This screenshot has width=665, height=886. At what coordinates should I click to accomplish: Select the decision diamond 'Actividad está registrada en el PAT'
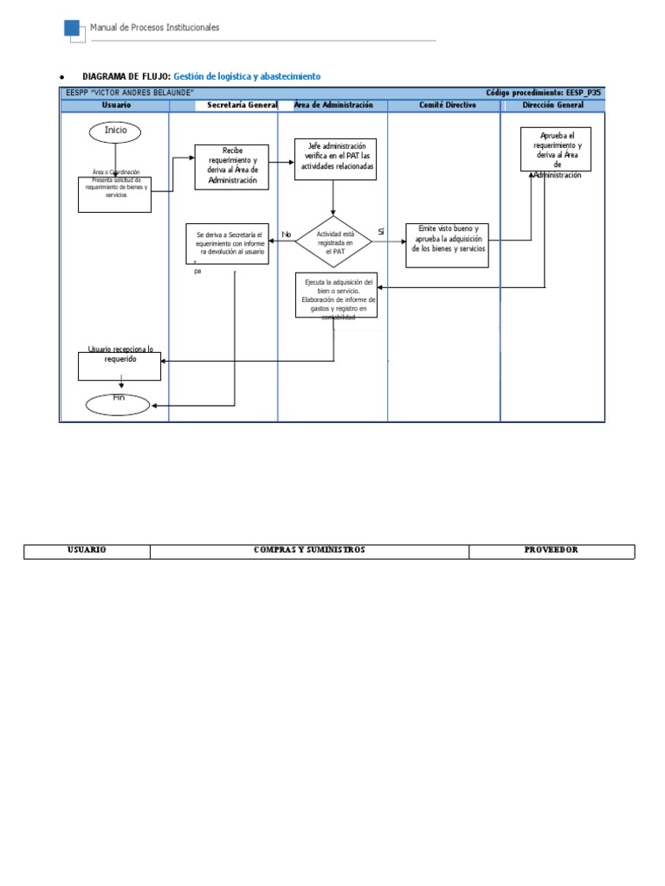(x=333, y=242)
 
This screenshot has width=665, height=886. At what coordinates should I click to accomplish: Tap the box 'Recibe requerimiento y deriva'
(x=232, y=166)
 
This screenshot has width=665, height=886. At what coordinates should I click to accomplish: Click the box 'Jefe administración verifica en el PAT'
(x=335, y=158)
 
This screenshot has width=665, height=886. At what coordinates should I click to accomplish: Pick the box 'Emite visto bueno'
(x=447, y=245)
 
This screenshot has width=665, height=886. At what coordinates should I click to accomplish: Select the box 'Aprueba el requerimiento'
(x=556, y=150)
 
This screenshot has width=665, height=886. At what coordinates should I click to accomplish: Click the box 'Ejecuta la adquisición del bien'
(x=336, y=295)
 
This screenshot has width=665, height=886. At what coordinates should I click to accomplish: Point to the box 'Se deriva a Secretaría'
(x=228, y=243)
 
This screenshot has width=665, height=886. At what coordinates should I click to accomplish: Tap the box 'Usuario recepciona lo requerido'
(x=119, y=364)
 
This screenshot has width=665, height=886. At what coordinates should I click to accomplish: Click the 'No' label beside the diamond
(x=287, y=234)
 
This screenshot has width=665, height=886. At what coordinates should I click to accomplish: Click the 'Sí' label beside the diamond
(x=381, y=231)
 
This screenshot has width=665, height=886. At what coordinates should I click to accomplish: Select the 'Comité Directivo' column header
(x=443, y=106)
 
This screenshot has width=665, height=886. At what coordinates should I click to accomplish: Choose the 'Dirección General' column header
(x=553, y=106)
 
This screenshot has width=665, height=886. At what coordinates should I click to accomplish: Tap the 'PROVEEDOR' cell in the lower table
(x=552, y=550)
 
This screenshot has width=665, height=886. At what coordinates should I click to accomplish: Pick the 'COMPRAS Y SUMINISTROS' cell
(x=309, y=550)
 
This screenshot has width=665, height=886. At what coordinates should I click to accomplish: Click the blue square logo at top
(x=73, y=29)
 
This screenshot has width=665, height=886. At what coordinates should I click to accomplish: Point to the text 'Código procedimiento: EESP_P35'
(x=543, y=93)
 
